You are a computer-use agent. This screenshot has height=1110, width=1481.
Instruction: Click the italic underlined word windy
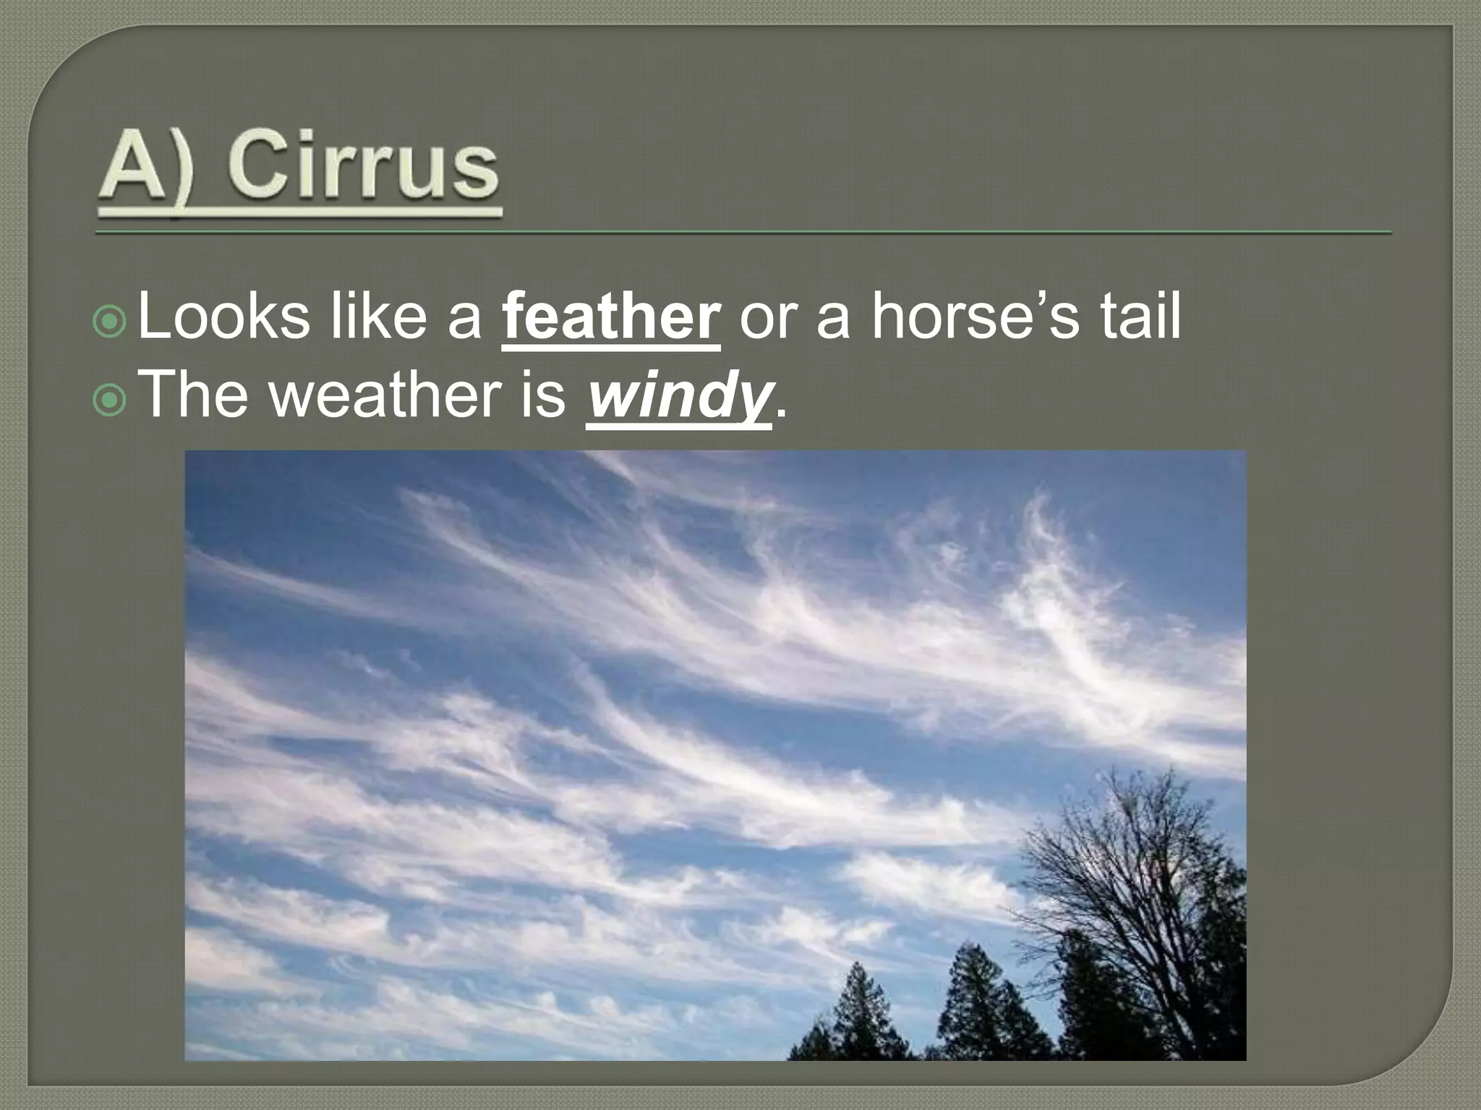(x=678, y=396)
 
